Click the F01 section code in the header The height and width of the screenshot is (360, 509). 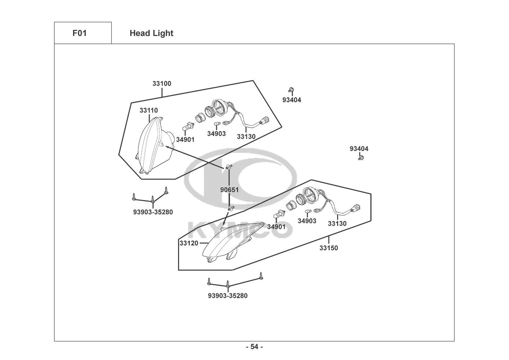79,33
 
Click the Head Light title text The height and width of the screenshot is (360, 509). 151,33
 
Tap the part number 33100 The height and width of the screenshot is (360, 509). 162,84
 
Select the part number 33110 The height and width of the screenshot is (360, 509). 149,111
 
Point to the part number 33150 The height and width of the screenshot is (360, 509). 329,248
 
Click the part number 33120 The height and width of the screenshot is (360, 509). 189,243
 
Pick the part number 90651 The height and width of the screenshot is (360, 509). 229,190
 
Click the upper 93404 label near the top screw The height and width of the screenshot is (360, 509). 292,100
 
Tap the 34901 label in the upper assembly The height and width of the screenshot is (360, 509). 185,140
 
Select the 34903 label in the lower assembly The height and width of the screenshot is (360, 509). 307,221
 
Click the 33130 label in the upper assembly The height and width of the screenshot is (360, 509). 246,137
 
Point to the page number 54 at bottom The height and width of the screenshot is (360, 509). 254,347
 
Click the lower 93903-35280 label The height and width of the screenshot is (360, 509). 228,296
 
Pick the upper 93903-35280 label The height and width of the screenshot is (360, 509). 153,212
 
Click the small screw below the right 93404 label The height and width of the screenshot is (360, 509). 360,158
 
